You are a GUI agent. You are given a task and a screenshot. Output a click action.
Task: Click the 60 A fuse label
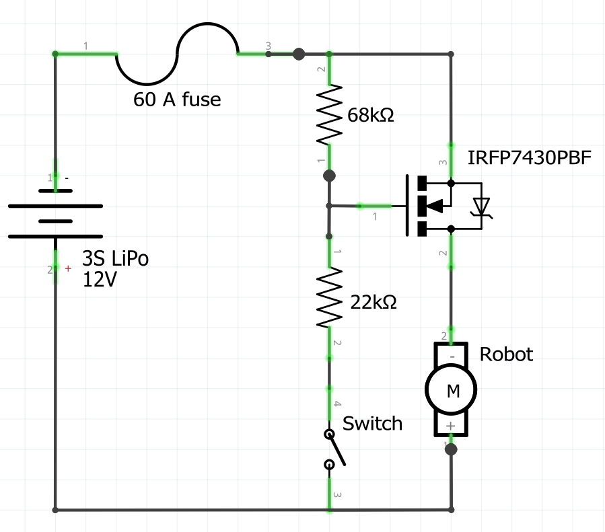[177, 100]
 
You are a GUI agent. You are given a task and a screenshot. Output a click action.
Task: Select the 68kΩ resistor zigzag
[329, 114]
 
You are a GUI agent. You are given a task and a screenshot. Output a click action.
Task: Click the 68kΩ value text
[371, 115]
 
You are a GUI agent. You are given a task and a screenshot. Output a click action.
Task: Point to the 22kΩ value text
[374, 303]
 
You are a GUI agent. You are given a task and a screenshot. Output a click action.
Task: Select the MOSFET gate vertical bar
[408, 205]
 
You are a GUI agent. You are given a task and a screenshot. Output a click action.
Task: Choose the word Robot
[506, 354]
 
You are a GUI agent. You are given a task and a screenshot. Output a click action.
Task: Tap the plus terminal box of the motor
[451, 426]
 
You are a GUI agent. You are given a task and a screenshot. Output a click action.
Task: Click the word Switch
[372, 424]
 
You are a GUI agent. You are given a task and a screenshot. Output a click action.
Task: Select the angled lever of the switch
[336, 449]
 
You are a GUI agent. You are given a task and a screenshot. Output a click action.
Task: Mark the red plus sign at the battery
[68, 269]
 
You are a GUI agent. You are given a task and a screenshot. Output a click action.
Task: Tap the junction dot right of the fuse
[299, 54]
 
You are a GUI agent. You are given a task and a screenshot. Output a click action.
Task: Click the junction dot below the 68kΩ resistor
[329, 176]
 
